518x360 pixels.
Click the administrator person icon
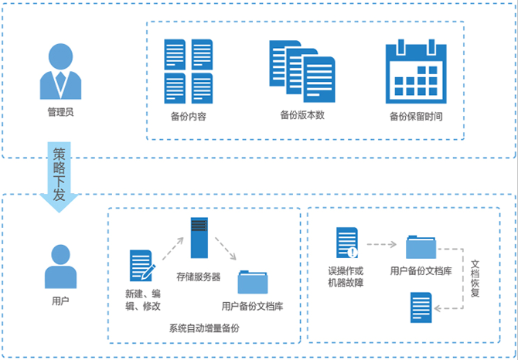[60, 71]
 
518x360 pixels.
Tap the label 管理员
[60, 112]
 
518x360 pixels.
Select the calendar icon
[416, 71]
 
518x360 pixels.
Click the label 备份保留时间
[416, 117]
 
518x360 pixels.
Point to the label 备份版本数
[302, 115]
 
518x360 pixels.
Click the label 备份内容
[189, 117]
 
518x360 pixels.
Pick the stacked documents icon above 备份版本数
[302, 71]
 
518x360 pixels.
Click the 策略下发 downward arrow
[59, 177]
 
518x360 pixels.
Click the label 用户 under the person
[60, 301]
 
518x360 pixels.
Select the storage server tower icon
[199, 238]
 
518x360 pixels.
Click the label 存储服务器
[198, 277]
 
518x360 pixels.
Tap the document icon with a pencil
[142, 266]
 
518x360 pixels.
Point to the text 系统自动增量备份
[204, 328]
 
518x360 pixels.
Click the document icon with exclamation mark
[347, 243]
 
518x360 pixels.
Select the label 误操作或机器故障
[346, 277]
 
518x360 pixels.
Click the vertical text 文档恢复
[475, 278]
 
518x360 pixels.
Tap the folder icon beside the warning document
[421, 246]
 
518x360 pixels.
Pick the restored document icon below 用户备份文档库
[421, 307]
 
